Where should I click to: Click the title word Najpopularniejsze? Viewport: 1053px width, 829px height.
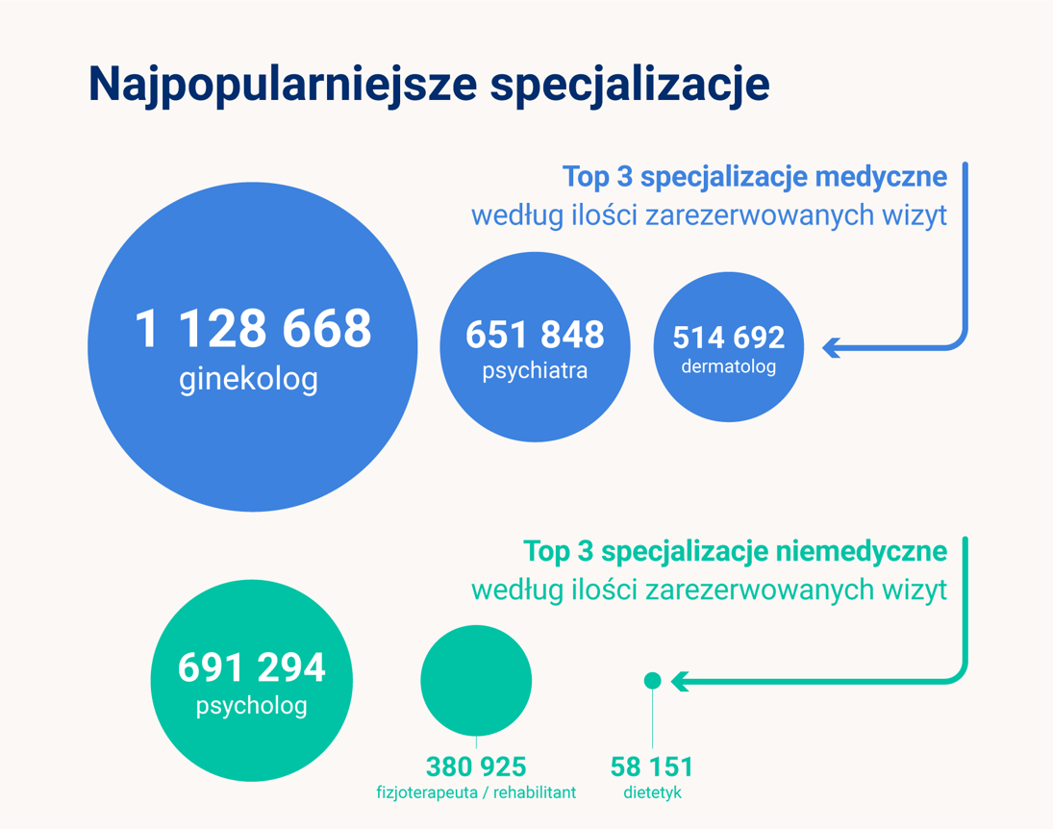pyautogui.click(x=282, y=85)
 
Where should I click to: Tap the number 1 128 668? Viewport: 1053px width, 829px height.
pyautogui.click(x=253, y=329)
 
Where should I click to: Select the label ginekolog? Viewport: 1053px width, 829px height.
pyautogui.click(x=248, y=379)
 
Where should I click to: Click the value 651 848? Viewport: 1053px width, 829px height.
pyautogui.click(x=535, y=335)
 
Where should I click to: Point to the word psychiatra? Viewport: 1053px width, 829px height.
pyautogui.click(x=535, y=370)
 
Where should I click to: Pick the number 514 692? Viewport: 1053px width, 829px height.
pyautogui.click(x=728, y=338)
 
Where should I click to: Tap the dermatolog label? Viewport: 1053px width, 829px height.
pyautogui.click(x=728, y=366)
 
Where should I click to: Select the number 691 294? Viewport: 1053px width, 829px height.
pyautogui.click(x=252, y=667)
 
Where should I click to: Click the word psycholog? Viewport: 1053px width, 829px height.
pyautogui.click(x=252, y=706)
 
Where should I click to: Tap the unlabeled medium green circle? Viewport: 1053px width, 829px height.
pyautogui.click(x=476, y=680)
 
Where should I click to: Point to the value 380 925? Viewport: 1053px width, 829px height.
pyautogui.click(x=476, y=766)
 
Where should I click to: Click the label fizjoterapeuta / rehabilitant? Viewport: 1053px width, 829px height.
pyautogui.click(x=476, y=793)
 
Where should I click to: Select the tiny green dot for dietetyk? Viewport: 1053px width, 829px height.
pyautogui.click(x=652, y=681)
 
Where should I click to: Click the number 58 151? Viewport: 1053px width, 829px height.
pyautogui.click(x=652, y=766)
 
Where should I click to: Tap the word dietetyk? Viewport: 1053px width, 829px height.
pyautogui.click(x=652, y=793)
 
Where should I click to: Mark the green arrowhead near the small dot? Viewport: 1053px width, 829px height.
pyautogui.click(x=679, y=681)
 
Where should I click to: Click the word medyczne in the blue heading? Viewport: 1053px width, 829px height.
pyautogui.click(x=880, y=178)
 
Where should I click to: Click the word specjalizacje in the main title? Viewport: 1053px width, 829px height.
pyautogui.click(x=630, y=85)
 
